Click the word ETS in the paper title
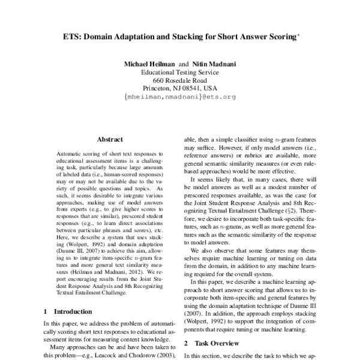pos(73,36)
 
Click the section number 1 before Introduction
pos(46,311)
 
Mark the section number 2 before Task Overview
pos(186,343)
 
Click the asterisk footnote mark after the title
pos(298,34)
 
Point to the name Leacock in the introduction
pos(114,356)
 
